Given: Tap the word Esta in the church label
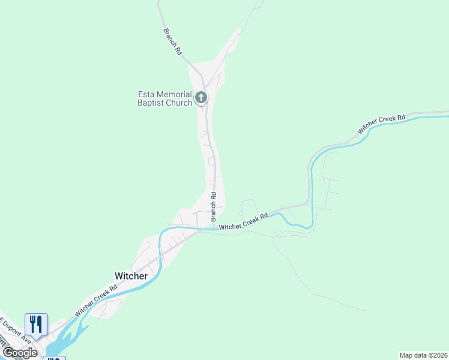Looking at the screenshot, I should pos(149,94).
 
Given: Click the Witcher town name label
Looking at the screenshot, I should pos(131,275).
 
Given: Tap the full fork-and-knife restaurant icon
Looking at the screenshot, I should pos(36,325).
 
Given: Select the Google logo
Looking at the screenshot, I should pos(19,353).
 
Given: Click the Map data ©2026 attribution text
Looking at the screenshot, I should pos(423,355).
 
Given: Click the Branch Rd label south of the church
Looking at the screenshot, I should pos(213,207).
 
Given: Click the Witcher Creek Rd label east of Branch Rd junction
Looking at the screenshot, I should pos(243,223).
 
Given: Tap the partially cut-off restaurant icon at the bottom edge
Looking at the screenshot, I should pos(55,358).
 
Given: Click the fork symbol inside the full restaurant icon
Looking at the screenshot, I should pos(32,324).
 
